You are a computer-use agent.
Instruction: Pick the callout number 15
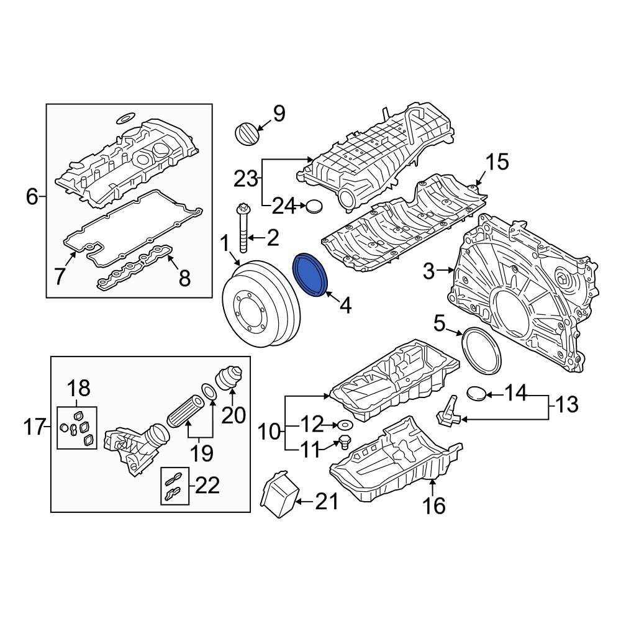496,162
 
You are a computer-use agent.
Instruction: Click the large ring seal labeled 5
482,350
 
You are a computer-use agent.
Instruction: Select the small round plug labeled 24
315,206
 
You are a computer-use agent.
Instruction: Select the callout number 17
35,427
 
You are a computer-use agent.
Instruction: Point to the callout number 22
207,486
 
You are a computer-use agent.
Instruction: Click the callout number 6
32,197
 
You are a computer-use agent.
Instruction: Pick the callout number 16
434,506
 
